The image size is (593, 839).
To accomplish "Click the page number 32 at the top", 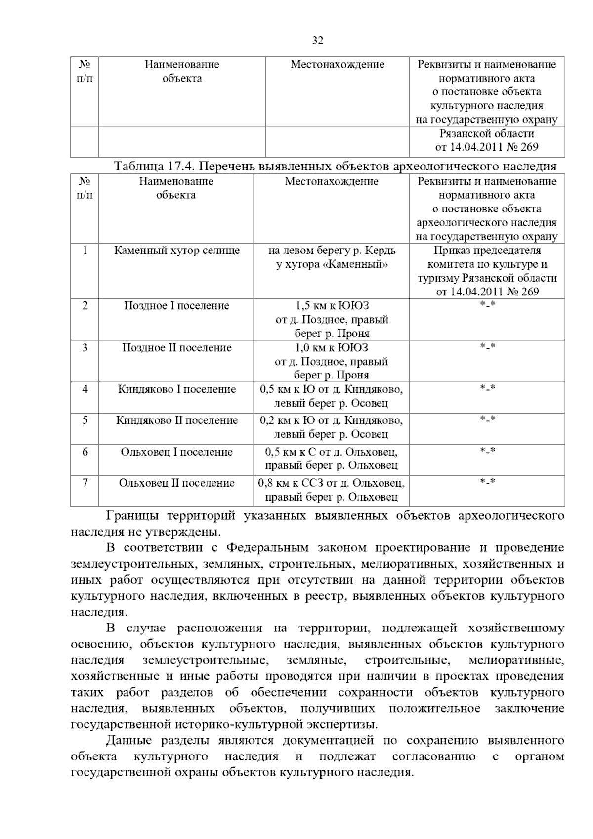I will point(318,41).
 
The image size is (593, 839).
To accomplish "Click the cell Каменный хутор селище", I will point(176,251).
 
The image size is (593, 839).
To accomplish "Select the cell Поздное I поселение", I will point(176,306).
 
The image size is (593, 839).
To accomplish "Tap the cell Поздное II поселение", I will point(176,348).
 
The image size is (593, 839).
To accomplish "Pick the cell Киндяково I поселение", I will point(176,389).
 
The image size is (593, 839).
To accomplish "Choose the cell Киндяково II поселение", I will point(176,420).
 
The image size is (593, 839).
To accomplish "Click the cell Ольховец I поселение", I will point(176,452).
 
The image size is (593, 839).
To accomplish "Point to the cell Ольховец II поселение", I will point(176,483).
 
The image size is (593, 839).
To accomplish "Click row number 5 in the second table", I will point(85,420).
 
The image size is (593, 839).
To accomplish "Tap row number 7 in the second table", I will point(85,483).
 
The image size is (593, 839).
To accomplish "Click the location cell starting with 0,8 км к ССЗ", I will point(332,490).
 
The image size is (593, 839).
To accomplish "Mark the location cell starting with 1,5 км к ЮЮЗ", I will point(332,319).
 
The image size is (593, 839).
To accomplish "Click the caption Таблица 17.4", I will point(154,166).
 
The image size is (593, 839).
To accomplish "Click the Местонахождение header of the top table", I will point(337,64).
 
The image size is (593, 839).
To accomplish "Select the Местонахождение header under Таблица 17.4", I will point(331,181).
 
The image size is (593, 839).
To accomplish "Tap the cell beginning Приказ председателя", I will point(487,271).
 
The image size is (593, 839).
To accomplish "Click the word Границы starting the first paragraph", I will point(132,516).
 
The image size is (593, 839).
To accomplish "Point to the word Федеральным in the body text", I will point(267,548).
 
